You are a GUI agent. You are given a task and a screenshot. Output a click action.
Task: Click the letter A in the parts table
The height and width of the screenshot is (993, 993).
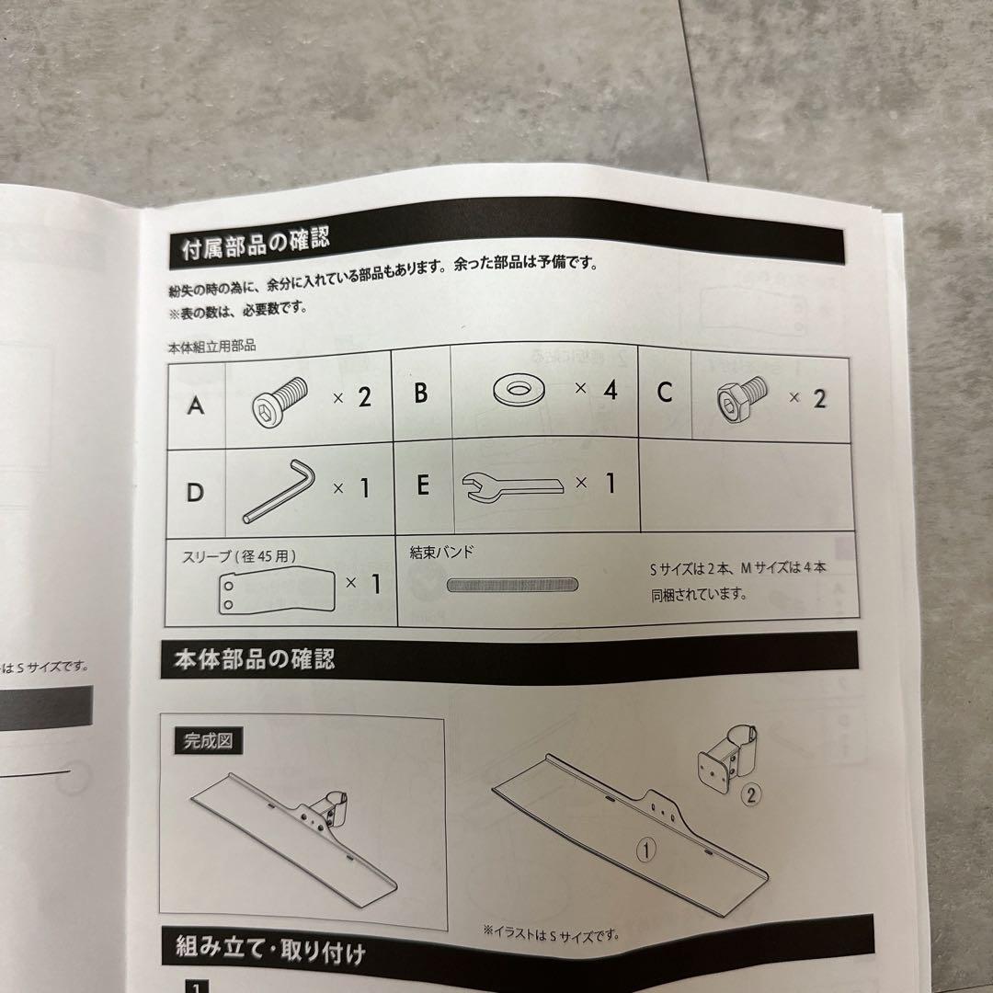(196, 405)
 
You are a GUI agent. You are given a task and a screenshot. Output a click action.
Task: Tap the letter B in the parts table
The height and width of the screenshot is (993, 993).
(420, 393)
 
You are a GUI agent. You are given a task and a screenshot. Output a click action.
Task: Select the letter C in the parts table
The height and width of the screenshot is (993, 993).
(665, 392)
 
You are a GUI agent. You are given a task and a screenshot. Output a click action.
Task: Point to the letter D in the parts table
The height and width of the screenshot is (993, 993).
(195, 492)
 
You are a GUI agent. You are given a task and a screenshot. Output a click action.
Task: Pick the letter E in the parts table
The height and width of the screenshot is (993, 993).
(423, 485)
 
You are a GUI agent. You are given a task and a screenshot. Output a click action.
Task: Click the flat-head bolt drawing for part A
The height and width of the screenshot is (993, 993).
(280, 402)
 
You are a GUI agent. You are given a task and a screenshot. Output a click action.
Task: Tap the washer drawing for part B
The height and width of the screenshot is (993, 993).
(519, 389)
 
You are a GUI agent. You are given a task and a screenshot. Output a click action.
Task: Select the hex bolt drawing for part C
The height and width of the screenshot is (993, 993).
(742, 398)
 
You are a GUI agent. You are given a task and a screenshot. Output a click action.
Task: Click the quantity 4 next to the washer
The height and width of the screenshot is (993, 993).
(610, 390)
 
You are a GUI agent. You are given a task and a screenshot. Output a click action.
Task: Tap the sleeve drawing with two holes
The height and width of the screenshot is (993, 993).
(277, 590)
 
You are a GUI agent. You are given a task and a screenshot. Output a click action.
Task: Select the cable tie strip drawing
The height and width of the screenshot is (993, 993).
(512, 585)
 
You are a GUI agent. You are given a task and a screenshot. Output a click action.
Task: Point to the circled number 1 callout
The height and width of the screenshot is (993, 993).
(646, 850)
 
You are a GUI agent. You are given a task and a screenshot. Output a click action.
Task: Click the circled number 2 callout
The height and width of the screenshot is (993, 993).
(751, 794)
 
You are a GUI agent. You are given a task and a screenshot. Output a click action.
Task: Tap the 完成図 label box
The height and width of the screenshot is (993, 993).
(208, 740)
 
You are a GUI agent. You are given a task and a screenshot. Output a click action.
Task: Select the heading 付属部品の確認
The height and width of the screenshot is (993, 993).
(256, 244)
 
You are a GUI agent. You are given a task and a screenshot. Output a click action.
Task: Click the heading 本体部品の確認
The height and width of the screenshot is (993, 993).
(254, 659)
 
